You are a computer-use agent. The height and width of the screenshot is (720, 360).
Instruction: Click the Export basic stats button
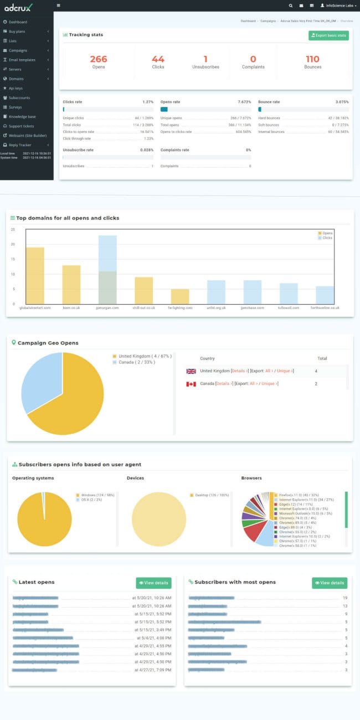[x=328, y=35]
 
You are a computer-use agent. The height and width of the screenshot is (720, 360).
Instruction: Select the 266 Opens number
[x=98, y=59]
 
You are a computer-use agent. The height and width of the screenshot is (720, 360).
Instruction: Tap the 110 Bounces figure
[x=312, y=59]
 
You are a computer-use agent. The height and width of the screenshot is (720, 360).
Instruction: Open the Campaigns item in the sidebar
[x=18, y=50]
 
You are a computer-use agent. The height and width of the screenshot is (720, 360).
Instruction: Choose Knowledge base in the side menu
[x=22, y=116]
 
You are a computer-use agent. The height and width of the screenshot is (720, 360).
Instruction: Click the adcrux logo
[x=18, y=7]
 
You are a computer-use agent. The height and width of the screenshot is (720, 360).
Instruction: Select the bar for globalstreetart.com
[x=35, y=275]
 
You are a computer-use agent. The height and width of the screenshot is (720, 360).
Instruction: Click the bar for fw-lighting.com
[x=179, y=296]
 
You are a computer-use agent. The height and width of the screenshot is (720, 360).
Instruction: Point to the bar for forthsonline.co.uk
[x=325, y=295]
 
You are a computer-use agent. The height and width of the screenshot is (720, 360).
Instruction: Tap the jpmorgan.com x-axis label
[x=107, y=307]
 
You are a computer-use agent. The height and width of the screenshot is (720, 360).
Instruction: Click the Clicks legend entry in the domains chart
[x=326, y=238]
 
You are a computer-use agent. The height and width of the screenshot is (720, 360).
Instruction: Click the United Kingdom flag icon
[x=191, y=371]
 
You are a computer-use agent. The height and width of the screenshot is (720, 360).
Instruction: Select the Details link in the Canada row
[x=222, y=383]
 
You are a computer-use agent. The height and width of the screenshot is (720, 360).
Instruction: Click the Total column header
[x=322, y=358]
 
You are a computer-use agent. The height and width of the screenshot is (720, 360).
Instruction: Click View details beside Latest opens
[x=153, y=583]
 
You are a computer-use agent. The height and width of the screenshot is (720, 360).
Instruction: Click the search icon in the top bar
[x=291, y=5]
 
